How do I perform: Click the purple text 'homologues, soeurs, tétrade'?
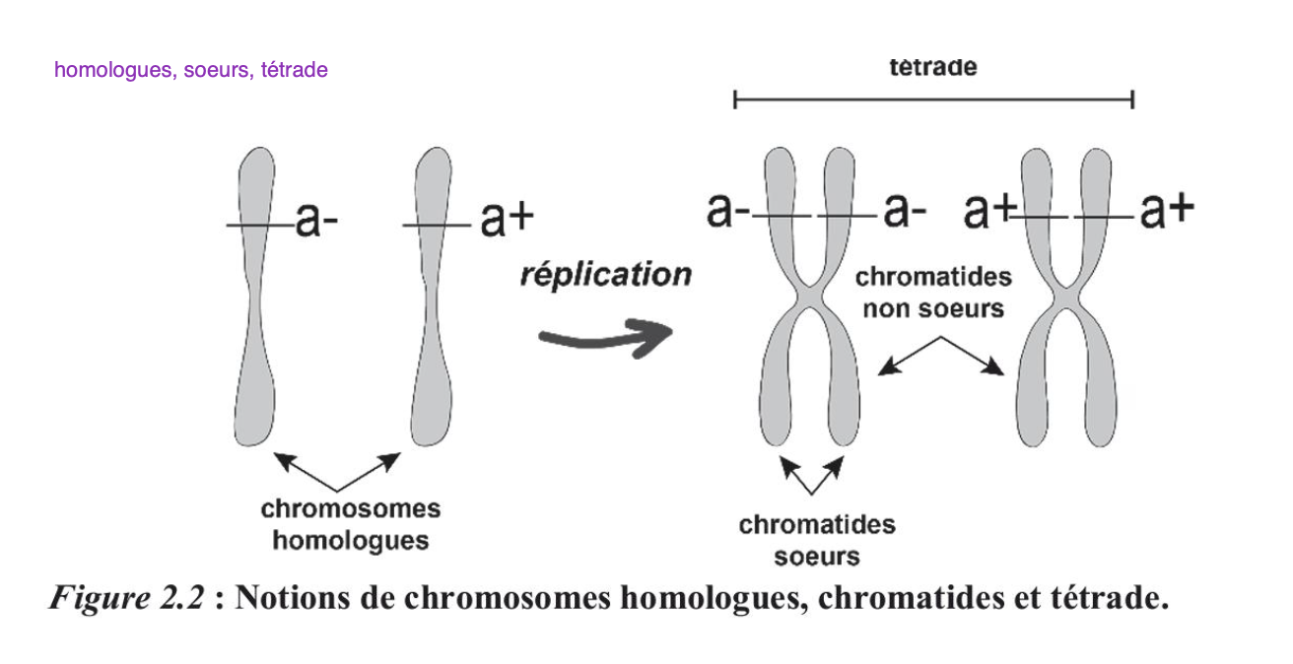click(x=191, y=70)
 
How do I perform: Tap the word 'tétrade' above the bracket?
click(x=932, y=67)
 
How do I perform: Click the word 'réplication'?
click(x=605, y=274)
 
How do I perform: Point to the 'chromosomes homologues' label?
click(x=350, y=524)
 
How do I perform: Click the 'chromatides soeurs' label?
click(x=816, y=540)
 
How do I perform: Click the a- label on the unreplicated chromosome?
click(x=315, y=223)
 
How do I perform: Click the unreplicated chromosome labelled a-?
click(x=255, y=296)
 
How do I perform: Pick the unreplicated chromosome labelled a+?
click(x=433, y=296)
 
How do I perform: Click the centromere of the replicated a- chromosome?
click(x=808, y=297)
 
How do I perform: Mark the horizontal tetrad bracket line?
click(x=933, y=99)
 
